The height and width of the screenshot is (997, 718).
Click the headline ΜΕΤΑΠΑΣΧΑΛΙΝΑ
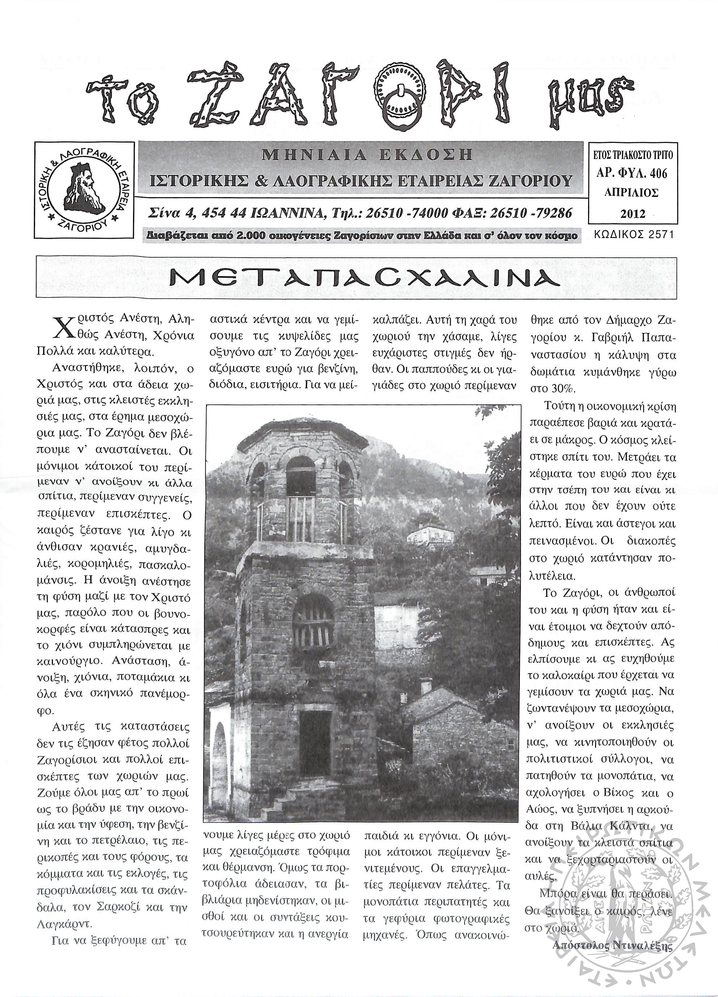pyautogui.click(x=359, y=278)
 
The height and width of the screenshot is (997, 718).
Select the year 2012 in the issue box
pyautogui.click(x=633, y=214)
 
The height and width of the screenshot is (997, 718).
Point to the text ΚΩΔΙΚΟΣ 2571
pyautogui.click(x=634, y=235)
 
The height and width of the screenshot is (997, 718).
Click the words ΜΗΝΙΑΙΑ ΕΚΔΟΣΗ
pyautogui.click(x=366, y=155)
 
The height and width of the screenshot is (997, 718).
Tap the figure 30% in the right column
pyautogui.click(x=555, y=389)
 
